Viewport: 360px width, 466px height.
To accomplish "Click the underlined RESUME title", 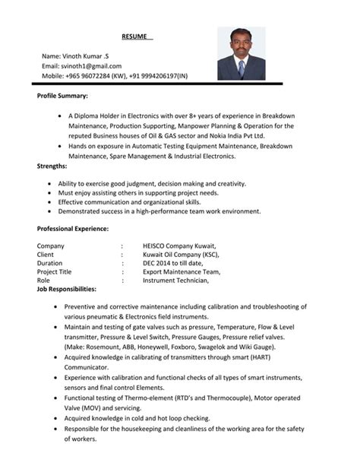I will [138, 36].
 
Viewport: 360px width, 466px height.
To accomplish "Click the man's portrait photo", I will [242, 53].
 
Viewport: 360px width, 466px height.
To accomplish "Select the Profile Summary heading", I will [62, 97].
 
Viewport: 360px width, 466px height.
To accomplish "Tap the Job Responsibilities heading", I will [67, 289].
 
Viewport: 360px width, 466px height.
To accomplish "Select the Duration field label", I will [50, 263].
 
